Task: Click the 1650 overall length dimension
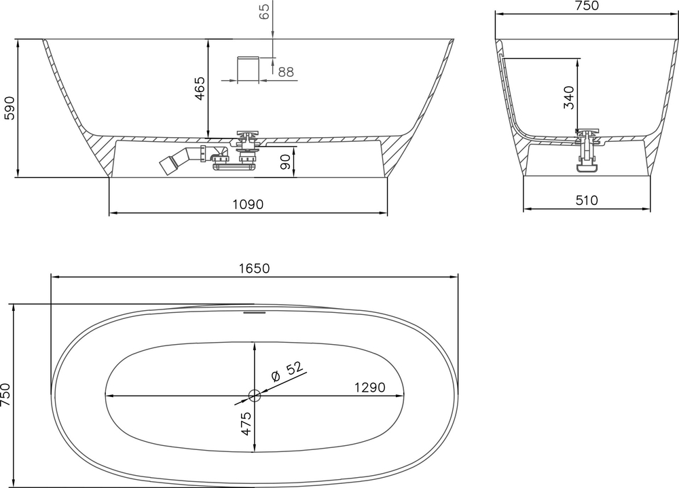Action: tap(254, 268)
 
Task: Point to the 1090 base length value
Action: tap(248, 204)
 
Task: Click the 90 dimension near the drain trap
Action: tap(285, 162)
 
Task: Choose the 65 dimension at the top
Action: tap(265, 11)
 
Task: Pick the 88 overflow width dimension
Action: tap(286, 72)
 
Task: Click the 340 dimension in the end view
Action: tap(569, 98)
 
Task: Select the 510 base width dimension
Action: tap(586, 200)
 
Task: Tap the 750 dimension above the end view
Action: tap(586, 6)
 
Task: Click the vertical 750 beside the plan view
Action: tap(6, 394)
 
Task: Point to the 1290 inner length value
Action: tap(369, 388)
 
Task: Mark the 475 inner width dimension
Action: tap(246, 424)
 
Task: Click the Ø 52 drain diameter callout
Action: tap(286, 371)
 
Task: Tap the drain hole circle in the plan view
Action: tap(255, 395)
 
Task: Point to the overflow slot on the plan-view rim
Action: tap(255, 313)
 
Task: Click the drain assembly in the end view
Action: tap(587, 148)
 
